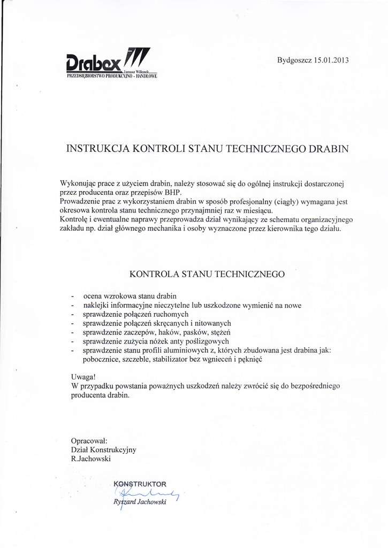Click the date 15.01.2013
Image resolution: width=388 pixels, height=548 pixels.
tap(331, 60)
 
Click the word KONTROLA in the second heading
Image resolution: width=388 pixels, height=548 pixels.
tap(154, 274)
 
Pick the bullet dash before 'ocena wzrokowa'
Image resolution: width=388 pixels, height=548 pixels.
tap(72, 296)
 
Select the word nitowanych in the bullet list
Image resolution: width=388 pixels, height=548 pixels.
tap(212, 323)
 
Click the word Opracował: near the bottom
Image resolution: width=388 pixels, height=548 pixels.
tap(89, 440)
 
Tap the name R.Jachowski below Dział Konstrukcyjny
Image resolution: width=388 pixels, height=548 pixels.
tap(91, 459)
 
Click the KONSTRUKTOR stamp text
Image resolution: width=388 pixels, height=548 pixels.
tap(141, 484)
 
